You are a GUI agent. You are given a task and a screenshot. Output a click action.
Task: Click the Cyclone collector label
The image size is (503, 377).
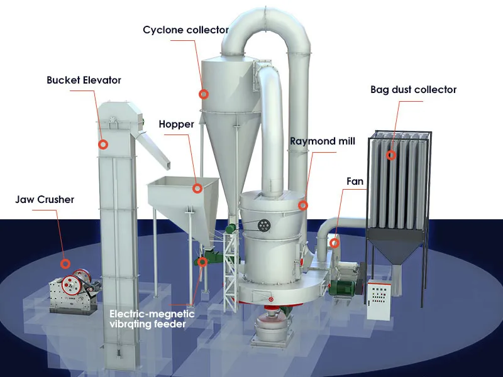pos(185,30)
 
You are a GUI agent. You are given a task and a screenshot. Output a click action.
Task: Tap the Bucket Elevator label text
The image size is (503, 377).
pos(84,80)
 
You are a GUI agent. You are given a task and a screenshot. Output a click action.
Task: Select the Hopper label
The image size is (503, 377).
pos(176,124)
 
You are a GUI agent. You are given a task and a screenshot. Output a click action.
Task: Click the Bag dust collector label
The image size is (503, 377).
pos(413,89)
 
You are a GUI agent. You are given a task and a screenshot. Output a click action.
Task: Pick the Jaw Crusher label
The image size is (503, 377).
pos(45,199)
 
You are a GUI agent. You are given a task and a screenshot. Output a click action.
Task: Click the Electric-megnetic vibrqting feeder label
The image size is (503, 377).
pos(152,319)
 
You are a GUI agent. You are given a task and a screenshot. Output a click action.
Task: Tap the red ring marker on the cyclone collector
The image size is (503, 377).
pos(203,94)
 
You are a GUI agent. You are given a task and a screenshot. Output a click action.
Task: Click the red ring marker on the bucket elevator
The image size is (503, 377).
pos(102,144)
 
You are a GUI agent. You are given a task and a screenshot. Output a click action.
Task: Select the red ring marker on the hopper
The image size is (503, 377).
pos(197,187)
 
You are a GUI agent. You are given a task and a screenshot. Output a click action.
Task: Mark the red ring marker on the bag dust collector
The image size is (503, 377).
pos(391,155)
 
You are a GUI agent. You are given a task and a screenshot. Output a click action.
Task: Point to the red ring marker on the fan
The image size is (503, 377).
pos(335,242)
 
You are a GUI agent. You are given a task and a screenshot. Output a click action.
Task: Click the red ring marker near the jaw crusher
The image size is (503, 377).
pos(65,263)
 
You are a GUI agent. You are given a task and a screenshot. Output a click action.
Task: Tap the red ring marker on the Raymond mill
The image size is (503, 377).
pos(303,205)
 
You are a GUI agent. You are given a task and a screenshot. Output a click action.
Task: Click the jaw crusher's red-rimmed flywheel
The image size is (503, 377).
pos(81,280)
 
